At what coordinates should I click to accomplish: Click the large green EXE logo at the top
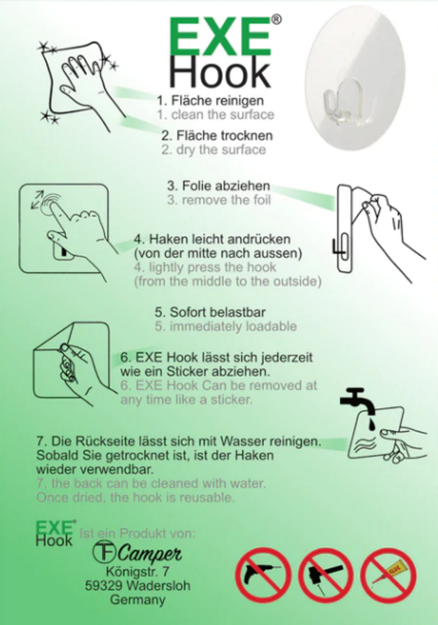221,37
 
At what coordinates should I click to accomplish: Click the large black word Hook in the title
221,73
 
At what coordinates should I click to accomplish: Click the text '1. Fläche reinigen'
210,101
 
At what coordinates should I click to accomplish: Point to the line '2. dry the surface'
214,150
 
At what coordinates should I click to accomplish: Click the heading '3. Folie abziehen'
219,186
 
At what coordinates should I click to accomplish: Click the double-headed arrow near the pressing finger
37,199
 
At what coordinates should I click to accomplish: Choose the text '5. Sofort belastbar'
210,312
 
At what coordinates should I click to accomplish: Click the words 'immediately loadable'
233,326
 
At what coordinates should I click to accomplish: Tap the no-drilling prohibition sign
262,574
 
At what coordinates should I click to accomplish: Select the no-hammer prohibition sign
326,574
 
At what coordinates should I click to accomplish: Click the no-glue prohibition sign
389,574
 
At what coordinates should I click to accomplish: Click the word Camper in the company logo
149,553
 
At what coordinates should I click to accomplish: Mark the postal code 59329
104,586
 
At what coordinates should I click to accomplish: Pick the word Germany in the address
137,600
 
